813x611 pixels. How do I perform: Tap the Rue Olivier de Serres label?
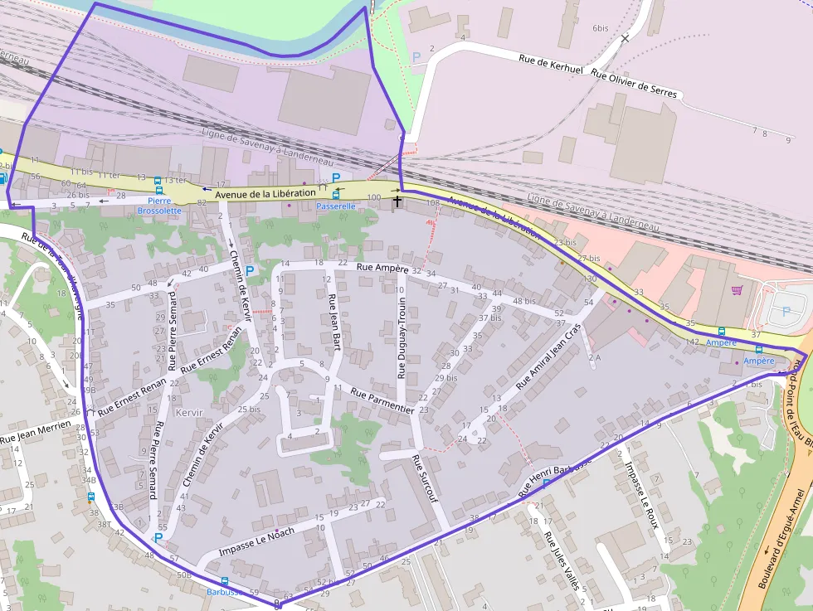coord(635,84)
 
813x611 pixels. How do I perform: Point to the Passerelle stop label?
coord(335,206)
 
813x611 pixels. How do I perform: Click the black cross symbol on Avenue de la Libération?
coord(397,201)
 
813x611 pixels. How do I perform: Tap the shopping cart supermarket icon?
coord(737,290)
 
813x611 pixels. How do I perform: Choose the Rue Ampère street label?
coord(382,268)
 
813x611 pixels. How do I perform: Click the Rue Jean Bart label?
coord(334,320)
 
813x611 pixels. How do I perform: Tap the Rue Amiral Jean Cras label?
coord(548,356)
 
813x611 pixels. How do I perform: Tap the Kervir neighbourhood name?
coord(189,412)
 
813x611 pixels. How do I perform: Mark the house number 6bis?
coord(601,28)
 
